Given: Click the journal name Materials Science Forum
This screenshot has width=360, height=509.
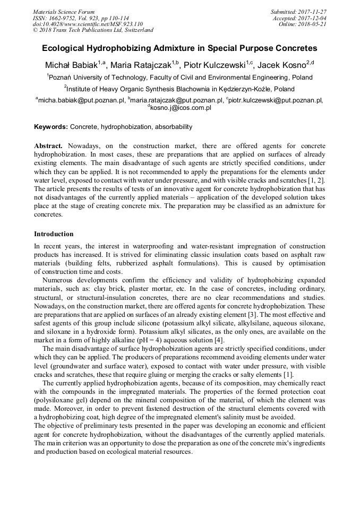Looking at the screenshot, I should coord(64,12).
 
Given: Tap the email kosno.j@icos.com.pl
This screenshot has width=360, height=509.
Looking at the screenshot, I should coord(181,108).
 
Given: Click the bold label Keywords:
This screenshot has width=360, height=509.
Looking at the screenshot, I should coord(51,127).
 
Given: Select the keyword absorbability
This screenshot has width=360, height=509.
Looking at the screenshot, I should coord(174,127).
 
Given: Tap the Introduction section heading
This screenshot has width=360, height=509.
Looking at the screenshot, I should coord(54,234).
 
